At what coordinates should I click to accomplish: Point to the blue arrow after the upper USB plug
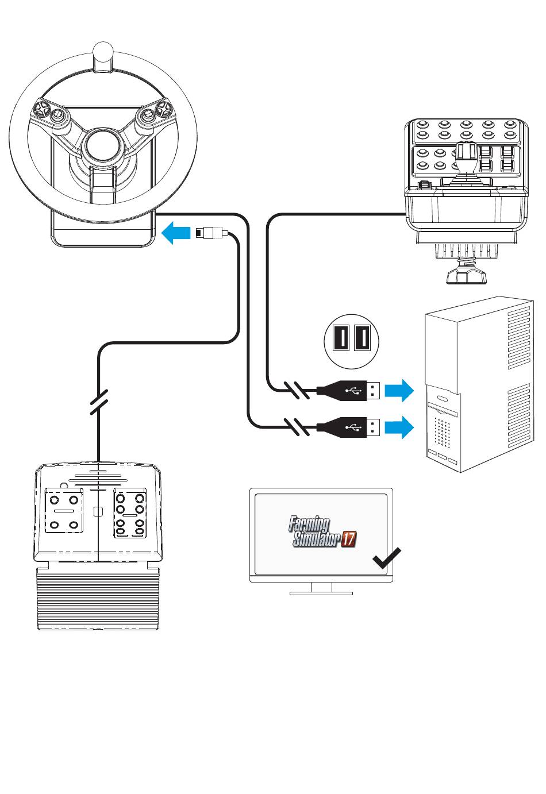399,391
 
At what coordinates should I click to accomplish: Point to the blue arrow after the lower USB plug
399,427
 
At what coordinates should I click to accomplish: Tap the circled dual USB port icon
351,338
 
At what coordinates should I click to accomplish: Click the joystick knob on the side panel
466,153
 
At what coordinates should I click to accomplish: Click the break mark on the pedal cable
99,402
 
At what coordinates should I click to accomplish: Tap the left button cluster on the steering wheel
49,111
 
